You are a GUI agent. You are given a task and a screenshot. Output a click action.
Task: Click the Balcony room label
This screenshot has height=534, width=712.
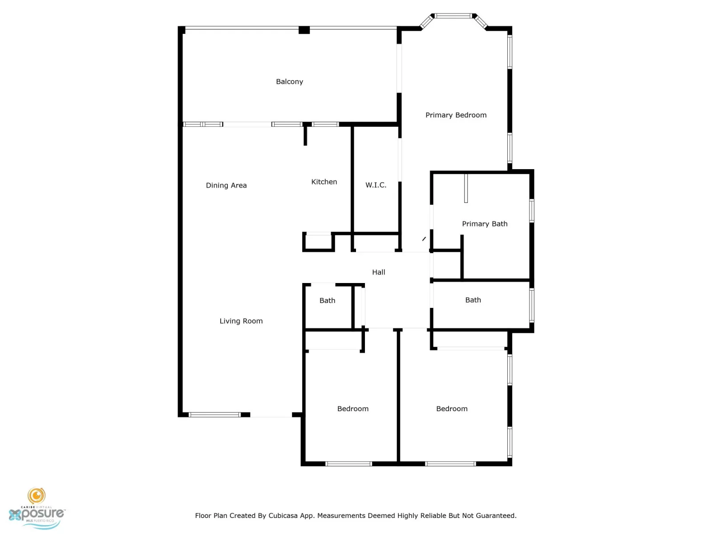tap(289, 82)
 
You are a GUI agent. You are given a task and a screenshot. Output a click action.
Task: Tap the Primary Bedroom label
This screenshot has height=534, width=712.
tap(456, 115)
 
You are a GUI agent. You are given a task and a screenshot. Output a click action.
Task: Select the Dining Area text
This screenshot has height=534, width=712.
tap(226, 186)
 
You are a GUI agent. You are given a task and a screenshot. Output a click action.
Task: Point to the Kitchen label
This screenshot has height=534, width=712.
tap(324, 182)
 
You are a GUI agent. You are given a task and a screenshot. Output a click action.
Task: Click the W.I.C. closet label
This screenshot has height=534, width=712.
tap(376, 185)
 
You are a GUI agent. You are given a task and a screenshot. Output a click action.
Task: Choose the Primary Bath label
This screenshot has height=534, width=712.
tap(485, 224)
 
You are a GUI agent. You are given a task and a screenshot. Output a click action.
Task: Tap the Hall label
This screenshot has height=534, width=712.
tap(379, 272)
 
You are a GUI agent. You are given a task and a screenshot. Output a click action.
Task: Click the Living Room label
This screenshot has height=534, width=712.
tap(241, 321)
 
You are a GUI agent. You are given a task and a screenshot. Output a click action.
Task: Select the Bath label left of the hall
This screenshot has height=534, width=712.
tap(327, 300)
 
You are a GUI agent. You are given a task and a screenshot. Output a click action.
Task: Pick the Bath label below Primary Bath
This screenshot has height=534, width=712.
tap(473, 300)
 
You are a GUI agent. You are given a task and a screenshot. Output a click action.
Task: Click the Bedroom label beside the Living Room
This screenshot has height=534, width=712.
tap(353, 409)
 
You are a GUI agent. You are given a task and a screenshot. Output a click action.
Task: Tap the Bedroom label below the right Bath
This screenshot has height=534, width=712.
tap(452, 409)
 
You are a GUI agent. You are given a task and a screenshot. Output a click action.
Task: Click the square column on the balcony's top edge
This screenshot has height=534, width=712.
tap(304, 30)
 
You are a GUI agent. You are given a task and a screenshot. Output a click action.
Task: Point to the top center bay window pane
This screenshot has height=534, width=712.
tap(453, 16)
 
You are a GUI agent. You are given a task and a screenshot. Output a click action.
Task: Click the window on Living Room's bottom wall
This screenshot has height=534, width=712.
tap(214, 415)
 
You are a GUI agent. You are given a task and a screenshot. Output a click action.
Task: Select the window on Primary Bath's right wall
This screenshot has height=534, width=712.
tap(532, 211)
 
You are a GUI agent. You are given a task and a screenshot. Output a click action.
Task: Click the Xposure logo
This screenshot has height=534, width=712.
tap(36, 508)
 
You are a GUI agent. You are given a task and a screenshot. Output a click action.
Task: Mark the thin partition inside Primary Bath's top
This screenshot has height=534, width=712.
tap(466, 188)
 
